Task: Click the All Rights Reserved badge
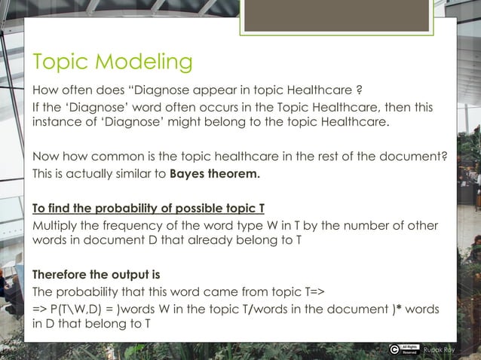[410, 349]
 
